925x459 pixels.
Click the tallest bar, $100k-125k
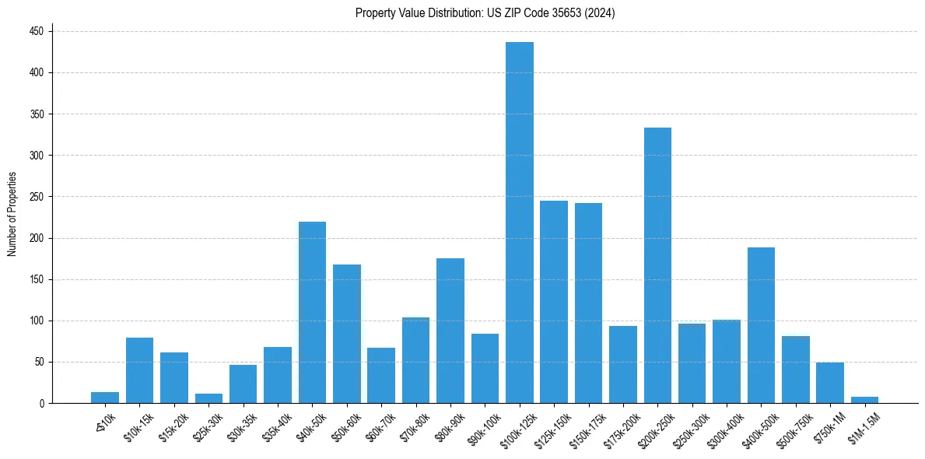(520, 222)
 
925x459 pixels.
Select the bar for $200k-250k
(657, 265)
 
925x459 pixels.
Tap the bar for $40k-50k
(312, 312)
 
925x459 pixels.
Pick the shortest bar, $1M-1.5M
(864, 400)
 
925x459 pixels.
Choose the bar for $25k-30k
(208, 398)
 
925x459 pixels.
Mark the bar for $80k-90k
(450, 331)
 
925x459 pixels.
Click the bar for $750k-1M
(830, 383)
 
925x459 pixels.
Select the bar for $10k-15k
(140, 370)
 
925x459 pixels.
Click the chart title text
(485, 12)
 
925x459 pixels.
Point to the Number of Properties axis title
(12, 214)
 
